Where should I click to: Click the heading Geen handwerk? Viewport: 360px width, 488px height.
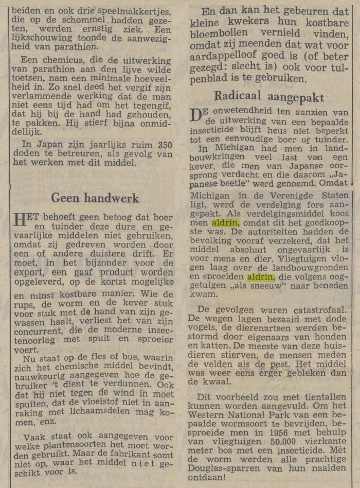(95, 198)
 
